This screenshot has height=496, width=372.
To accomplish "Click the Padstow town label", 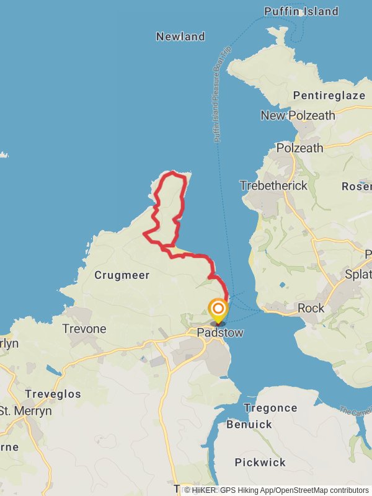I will click(x=219, y=333).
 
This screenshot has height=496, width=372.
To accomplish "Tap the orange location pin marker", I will click(x=218, y=310).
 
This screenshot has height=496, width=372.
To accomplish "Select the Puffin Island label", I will click(x=301, y=11).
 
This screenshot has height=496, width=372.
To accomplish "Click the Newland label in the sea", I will click(x=180, y=37).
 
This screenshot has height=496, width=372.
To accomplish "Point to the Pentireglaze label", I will click(x=329, y=95).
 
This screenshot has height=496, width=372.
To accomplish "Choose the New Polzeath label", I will click(x=298, y=115).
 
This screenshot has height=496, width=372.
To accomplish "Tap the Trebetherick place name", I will click(x=273, y=185).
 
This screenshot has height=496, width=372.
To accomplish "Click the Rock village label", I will click(x=311, y=308).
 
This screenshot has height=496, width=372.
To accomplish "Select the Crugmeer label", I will click(x=122, y=275).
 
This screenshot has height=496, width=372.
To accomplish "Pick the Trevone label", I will click(x=84, y=329).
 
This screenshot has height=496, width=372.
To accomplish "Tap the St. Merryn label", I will click(x=26, y=411).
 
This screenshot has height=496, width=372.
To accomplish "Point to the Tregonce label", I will click(x=270, y=408).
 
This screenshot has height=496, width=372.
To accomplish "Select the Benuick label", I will click(x=249, y=425).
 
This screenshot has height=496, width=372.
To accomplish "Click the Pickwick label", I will click(x=260, y=463).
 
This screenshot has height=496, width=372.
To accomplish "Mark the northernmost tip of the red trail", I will click(x=172, y=172).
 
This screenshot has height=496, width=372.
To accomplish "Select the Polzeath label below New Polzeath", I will click(x=299, y=148).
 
